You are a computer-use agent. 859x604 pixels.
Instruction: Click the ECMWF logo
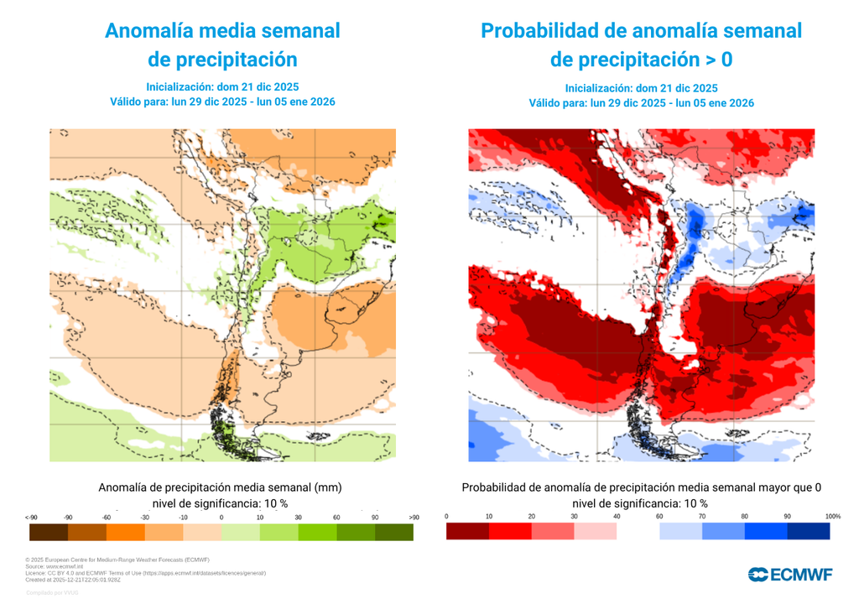tap(790, 574)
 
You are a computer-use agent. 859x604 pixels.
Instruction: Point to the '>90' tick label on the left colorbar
tap(413, 517)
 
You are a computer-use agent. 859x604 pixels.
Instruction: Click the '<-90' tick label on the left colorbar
tap(32, 517)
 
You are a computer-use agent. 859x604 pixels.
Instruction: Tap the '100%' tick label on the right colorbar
tap(832, 516)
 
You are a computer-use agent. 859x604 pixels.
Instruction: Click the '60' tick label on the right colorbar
tap(659, 516)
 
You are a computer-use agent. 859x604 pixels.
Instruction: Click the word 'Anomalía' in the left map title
tap(148, 31)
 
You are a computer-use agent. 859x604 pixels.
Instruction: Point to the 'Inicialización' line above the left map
tap(222, 86)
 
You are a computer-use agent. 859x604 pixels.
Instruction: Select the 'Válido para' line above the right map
tap(641, 103)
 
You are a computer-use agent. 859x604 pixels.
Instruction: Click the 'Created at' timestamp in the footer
tap(74, 579)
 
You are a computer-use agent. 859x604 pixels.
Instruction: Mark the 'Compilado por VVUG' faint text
tap(52, 593)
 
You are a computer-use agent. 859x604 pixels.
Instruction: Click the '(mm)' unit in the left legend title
tap(330, 487)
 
